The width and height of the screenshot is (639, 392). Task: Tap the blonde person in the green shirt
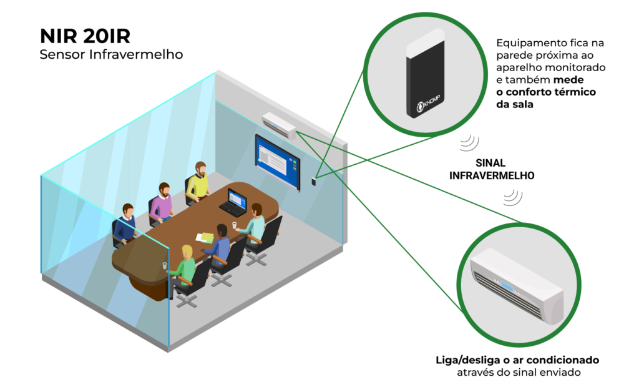[185, 265]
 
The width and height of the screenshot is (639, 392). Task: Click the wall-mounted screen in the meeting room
[277, 160]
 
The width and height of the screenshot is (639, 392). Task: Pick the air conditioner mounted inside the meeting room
[279, 124]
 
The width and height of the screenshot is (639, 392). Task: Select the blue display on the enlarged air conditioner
[506, 287]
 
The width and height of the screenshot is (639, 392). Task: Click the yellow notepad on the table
[205, 237]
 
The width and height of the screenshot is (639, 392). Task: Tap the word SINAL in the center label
[491, 162]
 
